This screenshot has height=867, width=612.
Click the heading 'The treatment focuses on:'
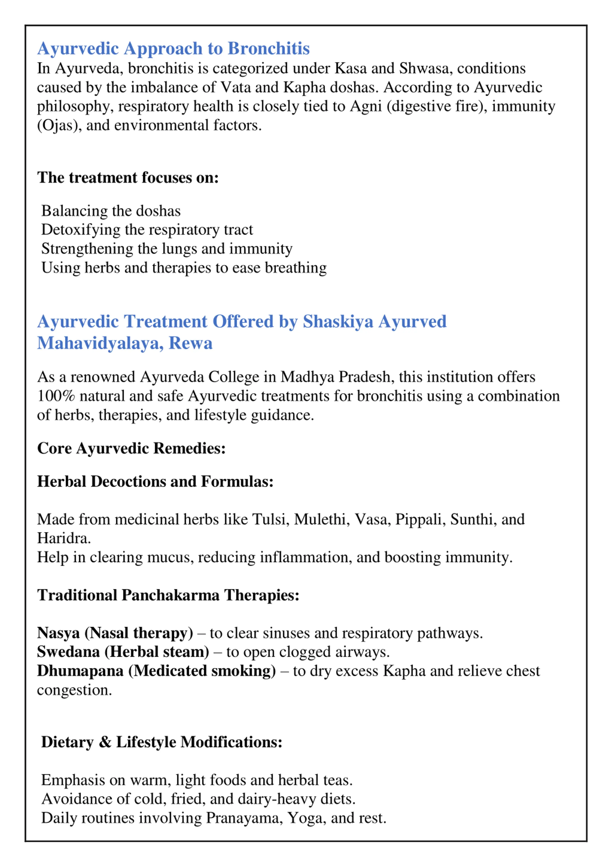(128, 178)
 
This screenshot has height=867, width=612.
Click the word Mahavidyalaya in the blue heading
(100, 343)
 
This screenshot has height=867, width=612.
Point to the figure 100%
(56, 396)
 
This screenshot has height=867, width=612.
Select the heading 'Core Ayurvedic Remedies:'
(131, 448)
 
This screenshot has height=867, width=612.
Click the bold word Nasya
(59, 633)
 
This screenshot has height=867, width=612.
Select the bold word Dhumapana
(80, 671)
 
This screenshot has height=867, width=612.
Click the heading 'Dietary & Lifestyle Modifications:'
(162, 742)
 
